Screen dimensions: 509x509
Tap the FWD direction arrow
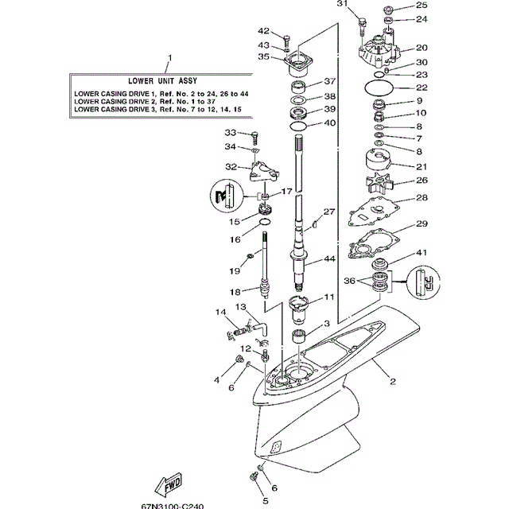tap(170, 485)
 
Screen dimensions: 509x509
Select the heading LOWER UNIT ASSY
tap(163, 81)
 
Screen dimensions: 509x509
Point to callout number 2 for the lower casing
tap(392, 381)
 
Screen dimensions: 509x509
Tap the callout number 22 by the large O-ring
tap(422, 88)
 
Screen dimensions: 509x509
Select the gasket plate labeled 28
tap(380, 212)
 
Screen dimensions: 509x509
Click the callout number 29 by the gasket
tap(422, 224)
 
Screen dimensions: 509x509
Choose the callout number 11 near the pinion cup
tap(329, 298)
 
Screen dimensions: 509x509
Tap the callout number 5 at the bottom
tap(265, 501)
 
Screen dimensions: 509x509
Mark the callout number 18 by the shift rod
tap(235, 292)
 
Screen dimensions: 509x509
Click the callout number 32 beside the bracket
tap(231, 167)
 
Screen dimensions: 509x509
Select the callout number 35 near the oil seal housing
tap(263, 57)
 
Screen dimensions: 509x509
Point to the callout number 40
tap(329, 123)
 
